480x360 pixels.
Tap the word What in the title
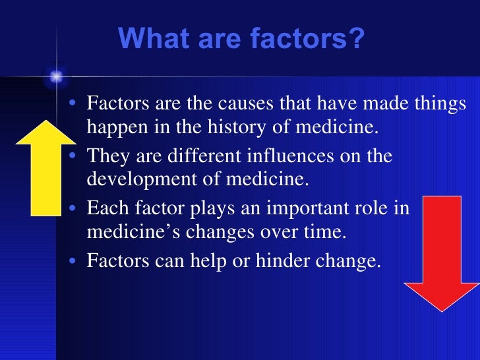pos(148,40)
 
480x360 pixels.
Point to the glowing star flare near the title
pos(55,77)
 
